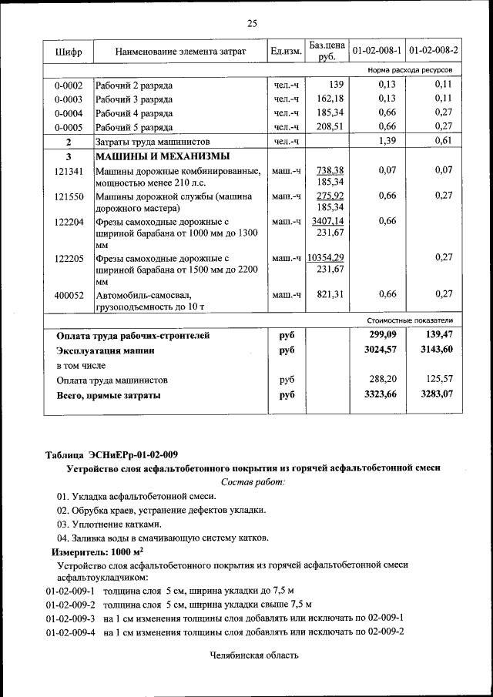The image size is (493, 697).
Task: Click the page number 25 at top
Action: [251, 23]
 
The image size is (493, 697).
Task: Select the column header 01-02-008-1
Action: [377, 51]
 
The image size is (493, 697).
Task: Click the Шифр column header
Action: [68, 52]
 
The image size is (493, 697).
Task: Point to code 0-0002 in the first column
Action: [69, 85]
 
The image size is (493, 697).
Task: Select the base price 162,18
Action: [330, 99]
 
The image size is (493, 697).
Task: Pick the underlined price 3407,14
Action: [327, 221]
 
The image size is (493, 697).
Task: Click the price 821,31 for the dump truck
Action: [330, 294]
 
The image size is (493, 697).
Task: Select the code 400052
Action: [69, 295]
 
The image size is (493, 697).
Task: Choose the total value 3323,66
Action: [380, 394]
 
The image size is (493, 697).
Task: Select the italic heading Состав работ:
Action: [252, 481]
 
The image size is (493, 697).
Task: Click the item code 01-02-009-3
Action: [70, 618]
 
